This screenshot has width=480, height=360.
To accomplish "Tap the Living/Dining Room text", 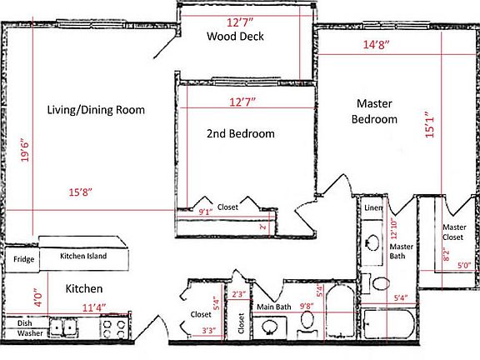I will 96,110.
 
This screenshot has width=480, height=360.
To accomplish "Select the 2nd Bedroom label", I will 241,133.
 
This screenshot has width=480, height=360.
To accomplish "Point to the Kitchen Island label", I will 83,256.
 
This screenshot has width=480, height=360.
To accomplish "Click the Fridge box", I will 22,258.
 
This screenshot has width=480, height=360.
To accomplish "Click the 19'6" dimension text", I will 26,155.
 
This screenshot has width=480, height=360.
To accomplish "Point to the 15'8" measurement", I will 80,193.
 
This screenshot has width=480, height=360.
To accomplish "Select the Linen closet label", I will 372,207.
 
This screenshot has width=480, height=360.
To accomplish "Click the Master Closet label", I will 454,232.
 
